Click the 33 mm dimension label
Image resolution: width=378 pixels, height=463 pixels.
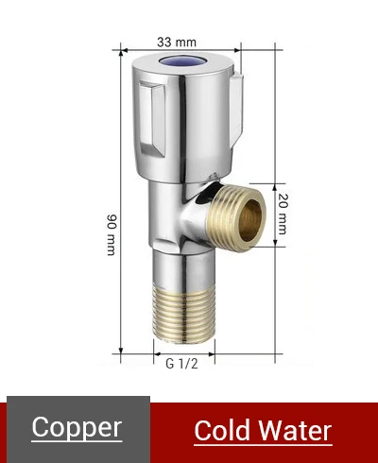tap(177, 42)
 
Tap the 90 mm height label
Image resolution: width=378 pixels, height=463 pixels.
tap(112, 234)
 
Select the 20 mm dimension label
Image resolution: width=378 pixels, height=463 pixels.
tap(283, 214)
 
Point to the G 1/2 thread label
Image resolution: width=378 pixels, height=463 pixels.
tap(181, 364)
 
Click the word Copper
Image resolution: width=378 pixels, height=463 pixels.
tap(77, 427)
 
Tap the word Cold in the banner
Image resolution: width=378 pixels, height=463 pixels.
tap(222, 431)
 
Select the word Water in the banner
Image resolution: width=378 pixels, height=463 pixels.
tap(295, 431)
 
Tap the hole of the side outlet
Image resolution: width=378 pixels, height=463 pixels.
tap(249, 220)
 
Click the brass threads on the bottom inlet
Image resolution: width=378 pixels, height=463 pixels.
tap(183, 315)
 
